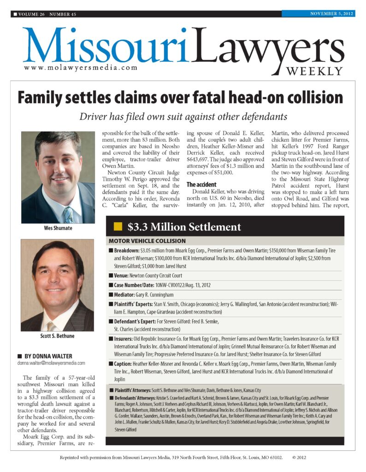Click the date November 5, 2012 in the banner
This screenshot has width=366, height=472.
click(x=331, y=13)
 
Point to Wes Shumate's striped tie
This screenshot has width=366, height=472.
click(x=69, y=213)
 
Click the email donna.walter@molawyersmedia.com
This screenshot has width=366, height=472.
click(x=51, y=363)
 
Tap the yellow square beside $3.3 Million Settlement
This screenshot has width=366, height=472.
click(x=118, y=227)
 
